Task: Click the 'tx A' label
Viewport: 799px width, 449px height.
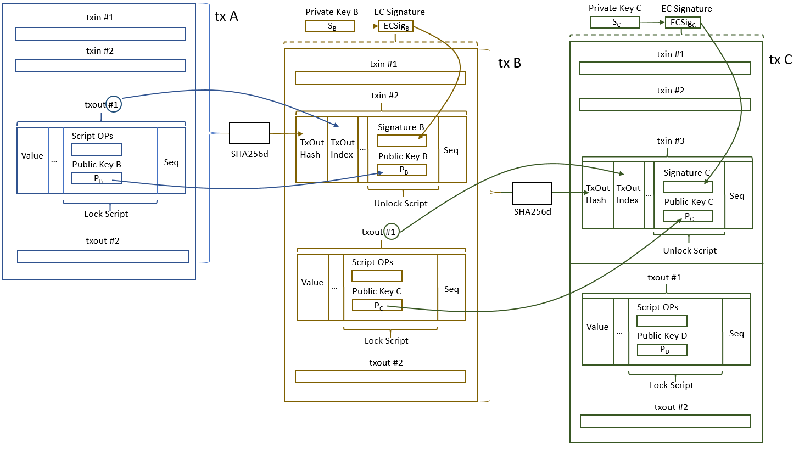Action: click(x=226, y=16)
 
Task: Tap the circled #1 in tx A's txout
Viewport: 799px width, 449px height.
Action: click(x=114, y=104)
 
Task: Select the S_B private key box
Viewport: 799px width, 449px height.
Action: click(x=330, y=26)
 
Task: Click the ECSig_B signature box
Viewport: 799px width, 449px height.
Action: click(x=395, y=26)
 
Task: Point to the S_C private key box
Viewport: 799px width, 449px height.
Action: click(x=614, y=22)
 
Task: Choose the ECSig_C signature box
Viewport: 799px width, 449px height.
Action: click(x=683, y=23)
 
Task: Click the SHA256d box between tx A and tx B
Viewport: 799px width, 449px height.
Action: click(x=249, y=133)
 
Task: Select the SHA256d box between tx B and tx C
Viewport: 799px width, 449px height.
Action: click(x=532, y=193)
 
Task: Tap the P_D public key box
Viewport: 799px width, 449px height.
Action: click(x=662, y=350)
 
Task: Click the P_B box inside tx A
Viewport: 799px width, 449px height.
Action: click(x=97, y=178)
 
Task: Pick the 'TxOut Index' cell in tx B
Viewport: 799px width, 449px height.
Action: click(x=342, y=149)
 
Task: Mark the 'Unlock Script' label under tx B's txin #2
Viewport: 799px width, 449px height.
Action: click(x=401, y=204)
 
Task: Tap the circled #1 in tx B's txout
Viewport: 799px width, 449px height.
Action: click(x=390, y=232)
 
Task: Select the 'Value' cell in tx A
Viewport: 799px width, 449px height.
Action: click(x=32, y=156)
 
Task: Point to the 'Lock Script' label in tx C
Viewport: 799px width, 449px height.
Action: click(x=671, y=385)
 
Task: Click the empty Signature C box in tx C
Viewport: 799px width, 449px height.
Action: click(x=688, y=187)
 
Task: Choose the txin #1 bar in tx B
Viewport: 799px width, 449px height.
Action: click(x=380, y=78)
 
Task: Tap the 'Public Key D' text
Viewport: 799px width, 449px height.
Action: click(x=662, y=336)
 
